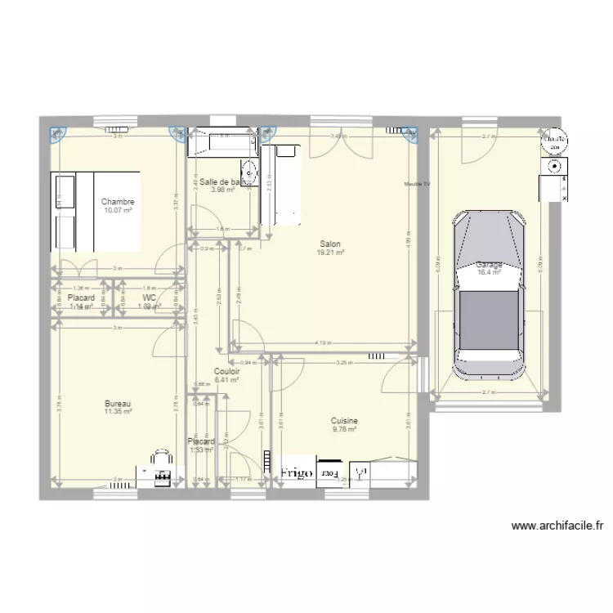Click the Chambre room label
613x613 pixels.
coord(118,202)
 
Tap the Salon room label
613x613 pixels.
coord(330,244)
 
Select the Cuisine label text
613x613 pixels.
coord(345,421)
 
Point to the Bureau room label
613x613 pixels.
coord(118,404)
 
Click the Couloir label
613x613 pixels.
coord(226,371)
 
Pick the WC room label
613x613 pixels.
coord(149,298)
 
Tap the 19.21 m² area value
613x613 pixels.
coord(330,253)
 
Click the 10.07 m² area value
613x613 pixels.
coord(118,211)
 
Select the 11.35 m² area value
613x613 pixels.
coord(118,413)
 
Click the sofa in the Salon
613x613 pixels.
coord(282,184)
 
